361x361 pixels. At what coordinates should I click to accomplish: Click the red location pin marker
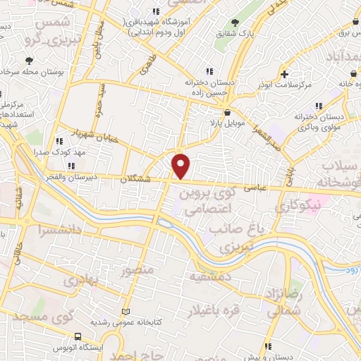(182, 166)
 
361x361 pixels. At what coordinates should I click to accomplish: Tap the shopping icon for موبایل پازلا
(226, 112)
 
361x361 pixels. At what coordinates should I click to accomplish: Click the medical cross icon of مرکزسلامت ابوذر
(284, 74)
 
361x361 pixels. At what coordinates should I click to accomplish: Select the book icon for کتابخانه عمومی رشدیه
(126, 311)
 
